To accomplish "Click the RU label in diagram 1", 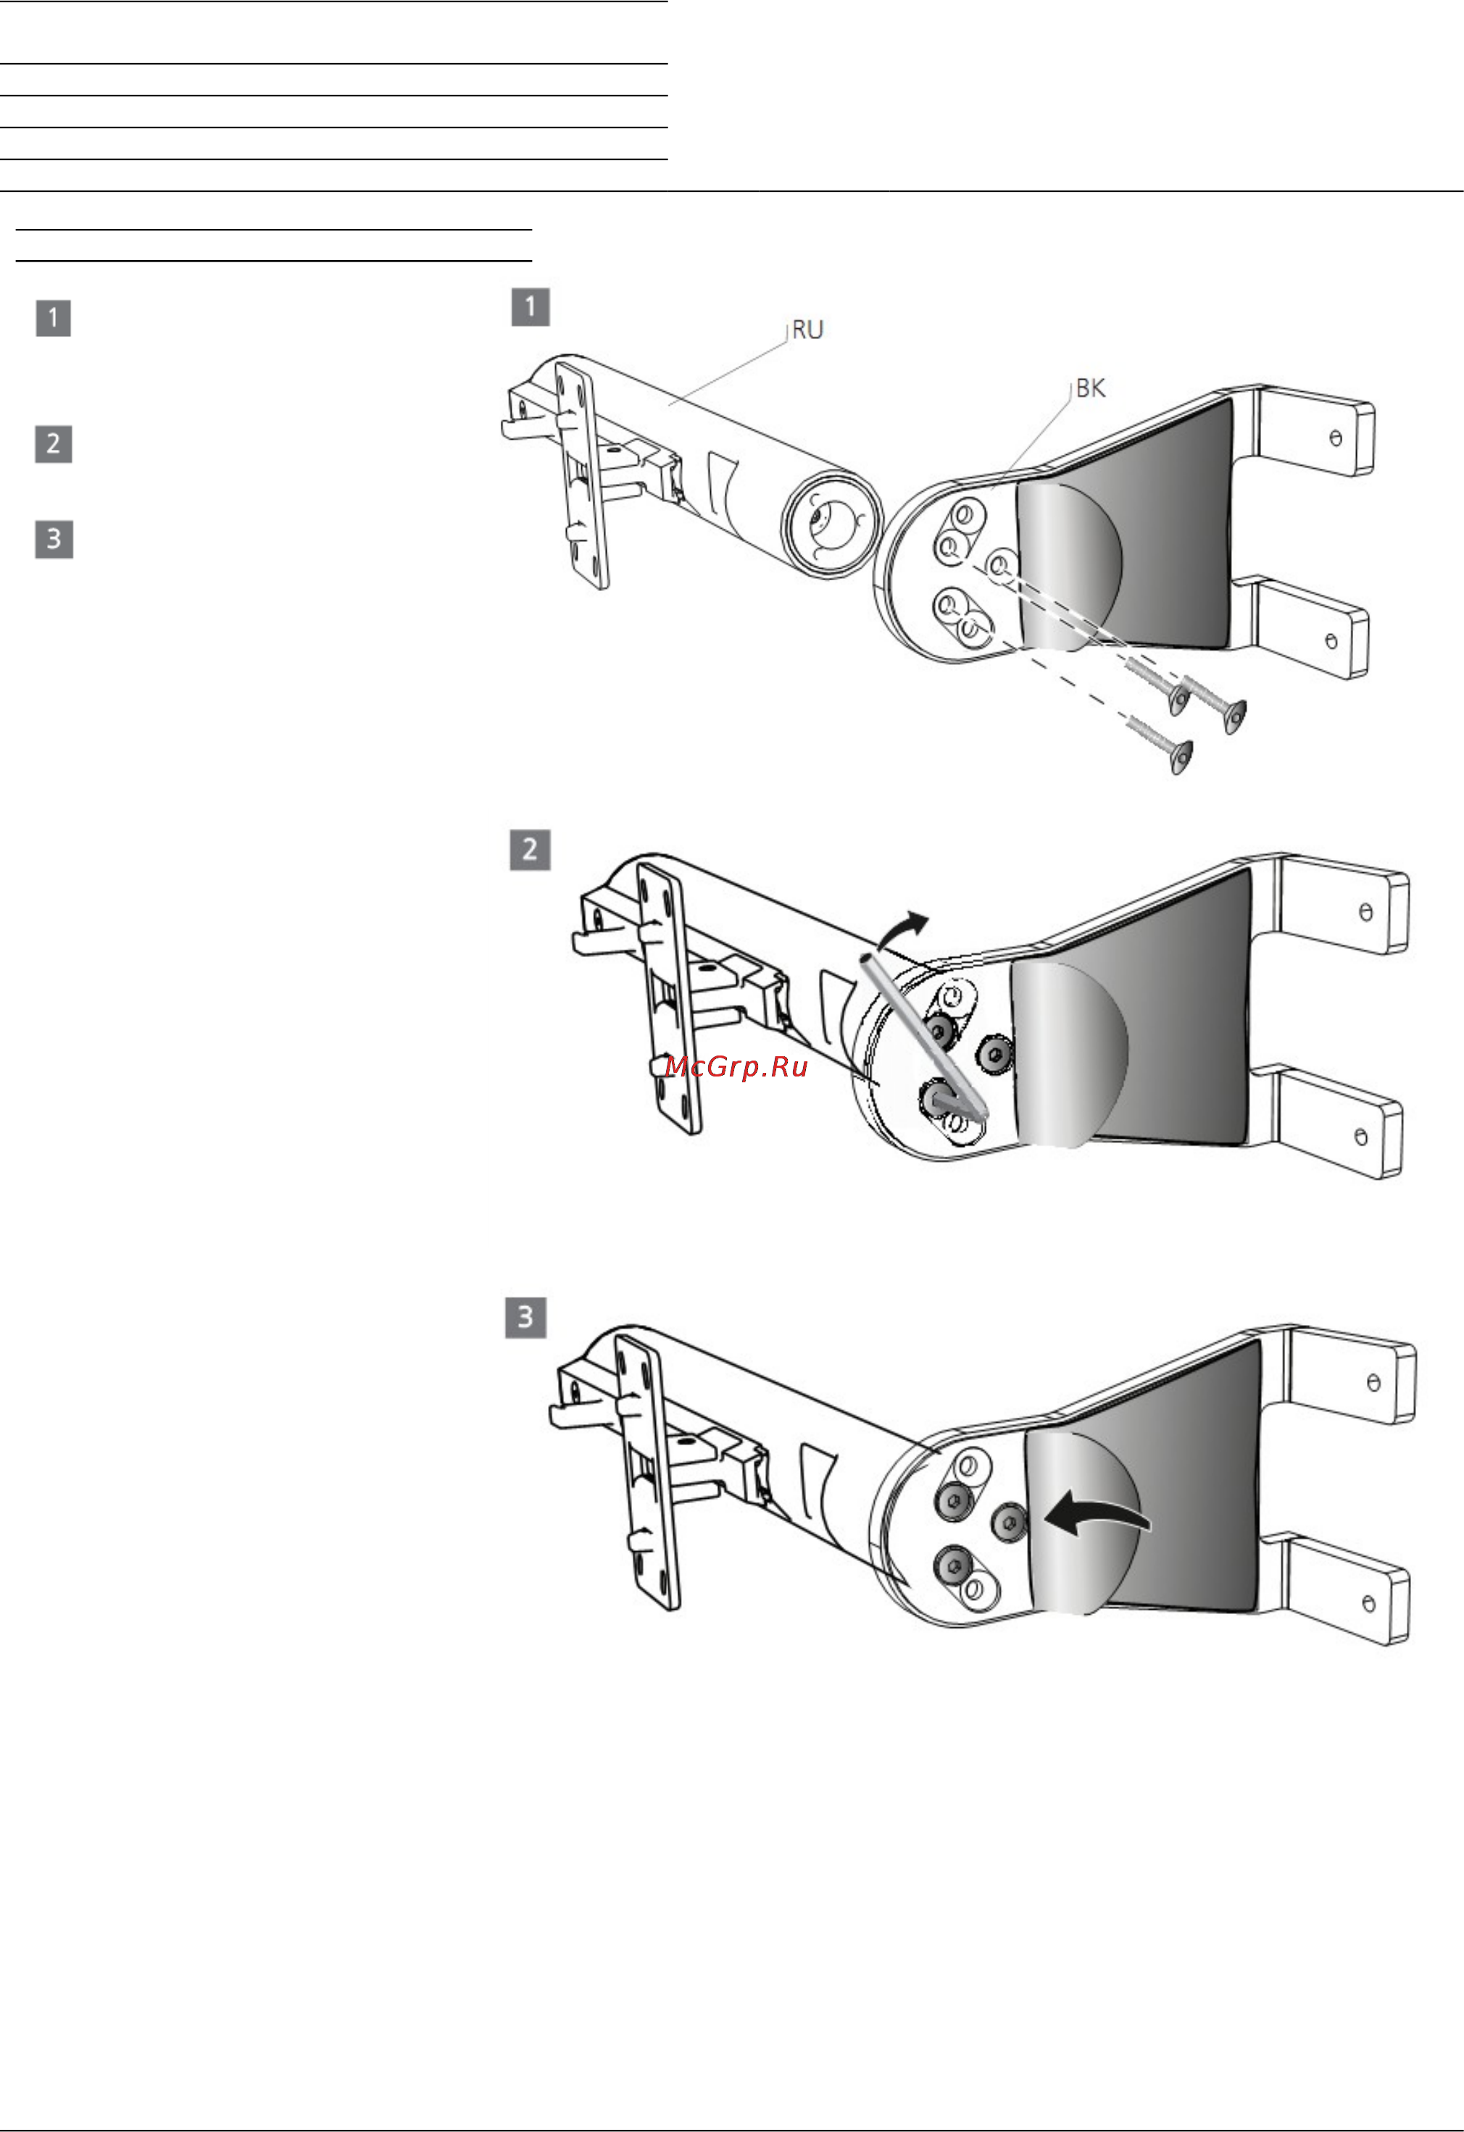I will pyautogui.click(x=807, y=330).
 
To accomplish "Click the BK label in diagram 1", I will pyautogui.click(x=1091, y=389).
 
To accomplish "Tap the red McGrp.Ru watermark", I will pyautogui.click(x=736, y=1066).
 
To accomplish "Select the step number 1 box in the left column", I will pyautogui.click(x=53, y=318).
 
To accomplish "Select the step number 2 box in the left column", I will pyautogui.click(x=53, y=444).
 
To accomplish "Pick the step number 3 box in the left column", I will pyautogui.click(x=53, y=540).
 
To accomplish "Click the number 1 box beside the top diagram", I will pyautogui.click(x=531, y=306).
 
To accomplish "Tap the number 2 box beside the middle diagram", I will pyautogui.click(x=530, y=850).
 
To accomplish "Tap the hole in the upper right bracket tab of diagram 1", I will pyautogui.click(x=1336, y=438).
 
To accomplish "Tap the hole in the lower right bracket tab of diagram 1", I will pyautogui.click(x=1331, y=641).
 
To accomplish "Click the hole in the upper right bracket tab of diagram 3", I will pyautogui.click(x=1373, y=1382).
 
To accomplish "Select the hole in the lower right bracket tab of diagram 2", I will pyautogui.click(x=1360, y=1137).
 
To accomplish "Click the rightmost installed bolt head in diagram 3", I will pyautogui.click(x=1008, y=1523).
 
